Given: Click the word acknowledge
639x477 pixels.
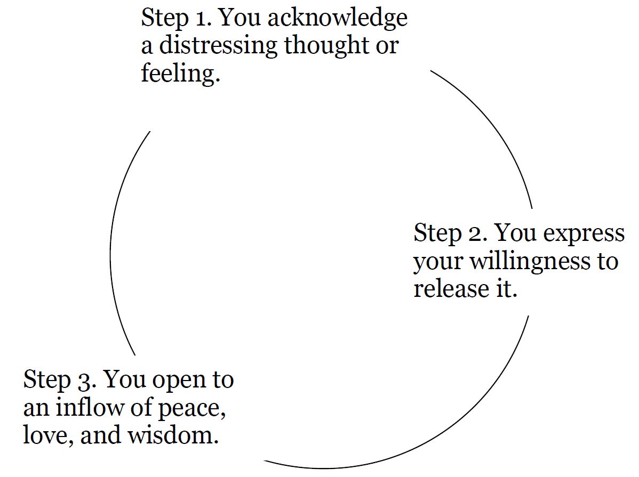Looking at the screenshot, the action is click(337, 19).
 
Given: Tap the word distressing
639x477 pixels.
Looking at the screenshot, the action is click(218, 46).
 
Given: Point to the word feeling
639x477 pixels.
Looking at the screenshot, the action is click(180, 73).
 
